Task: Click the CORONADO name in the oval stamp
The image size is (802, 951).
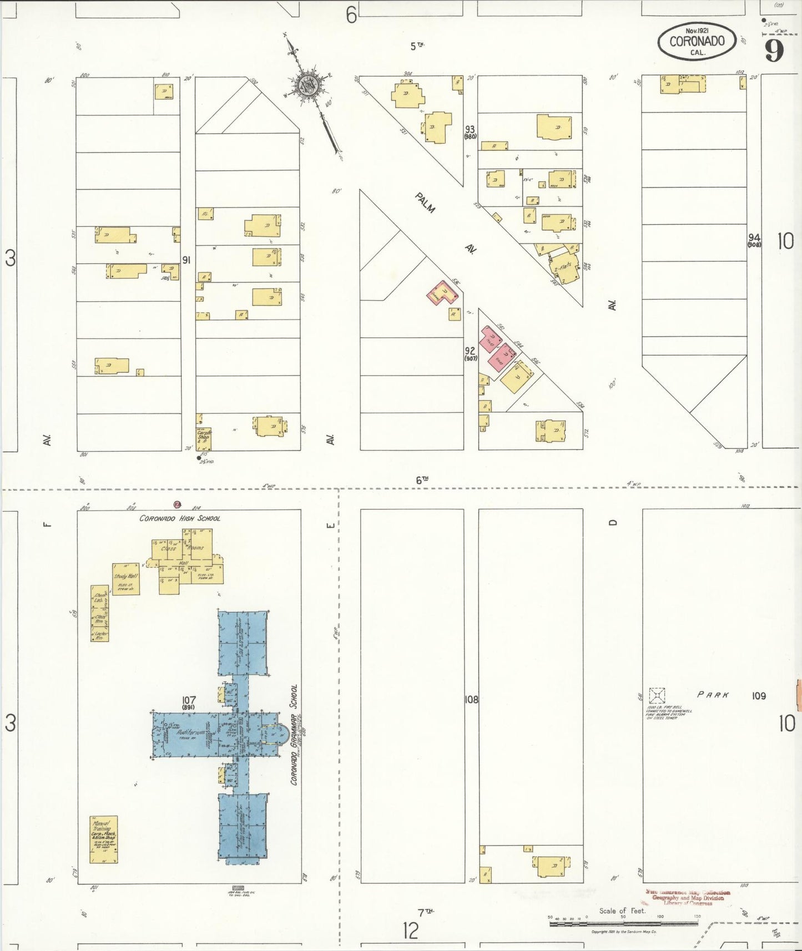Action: [x=697, y=41]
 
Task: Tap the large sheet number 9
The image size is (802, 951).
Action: [x=774, y=50]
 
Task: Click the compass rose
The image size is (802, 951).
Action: [x=306, y=86]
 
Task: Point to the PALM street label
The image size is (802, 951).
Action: [x=425, y=203]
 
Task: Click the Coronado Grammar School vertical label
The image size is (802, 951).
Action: [x=294, y=735]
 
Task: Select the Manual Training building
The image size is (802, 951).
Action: [x=104, y=839]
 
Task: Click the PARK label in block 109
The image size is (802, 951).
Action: [x=713, y=695]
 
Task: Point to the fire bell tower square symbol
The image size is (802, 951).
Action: [x=657, y=696]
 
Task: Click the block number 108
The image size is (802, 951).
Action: [x=471, y=700]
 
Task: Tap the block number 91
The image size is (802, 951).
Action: [x=186, y=260]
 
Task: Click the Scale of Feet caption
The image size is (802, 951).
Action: [x=622, y=910]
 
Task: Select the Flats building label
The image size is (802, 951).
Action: [x=565, y=268]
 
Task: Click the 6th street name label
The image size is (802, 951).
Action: [x=422, y=480]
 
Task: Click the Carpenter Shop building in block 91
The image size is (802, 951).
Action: [x=204, y=438]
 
